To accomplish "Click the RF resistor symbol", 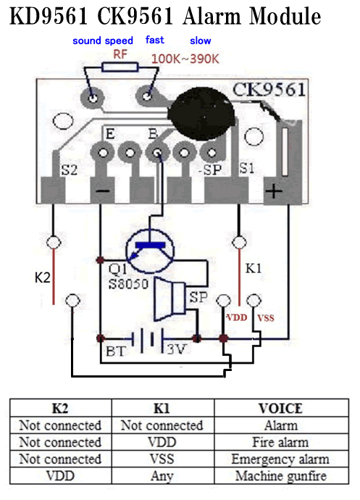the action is pos(120,67).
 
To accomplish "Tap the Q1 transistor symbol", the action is pos(150,251).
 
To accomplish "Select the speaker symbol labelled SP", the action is pos(169,299).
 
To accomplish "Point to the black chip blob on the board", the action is pos(201,114).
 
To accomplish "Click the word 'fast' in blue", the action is pos(155,40).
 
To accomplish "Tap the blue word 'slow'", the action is pos(200,41).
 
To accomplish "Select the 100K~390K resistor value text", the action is pos(185,59).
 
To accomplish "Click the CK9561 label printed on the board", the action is pos(269,90).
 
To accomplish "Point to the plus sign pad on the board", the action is pos(274,191).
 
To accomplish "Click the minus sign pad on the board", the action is pos(103,191).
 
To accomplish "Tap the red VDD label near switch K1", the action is pos(237,317).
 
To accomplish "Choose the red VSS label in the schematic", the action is pos(266,318).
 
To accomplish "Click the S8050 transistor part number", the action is pos(128,283).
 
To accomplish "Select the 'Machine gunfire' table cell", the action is pos(281,476).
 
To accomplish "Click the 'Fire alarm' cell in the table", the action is pos(280,442).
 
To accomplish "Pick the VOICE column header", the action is pos(280,409).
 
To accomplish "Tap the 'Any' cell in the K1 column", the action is pos(162,476).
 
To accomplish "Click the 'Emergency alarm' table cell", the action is pos(280,459).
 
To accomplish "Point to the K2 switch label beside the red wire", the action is pos(43,278).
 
